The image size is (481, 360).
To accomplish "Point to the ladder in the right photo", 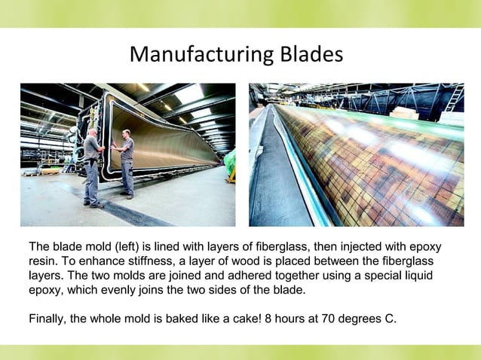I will coord(454,98).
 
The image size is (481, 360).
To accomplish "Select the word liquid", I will coord(415,276).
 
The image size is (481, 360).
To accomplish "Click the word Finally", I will coord(47,318).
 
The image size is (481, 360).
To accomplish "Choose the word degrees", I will coord(362,318).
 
